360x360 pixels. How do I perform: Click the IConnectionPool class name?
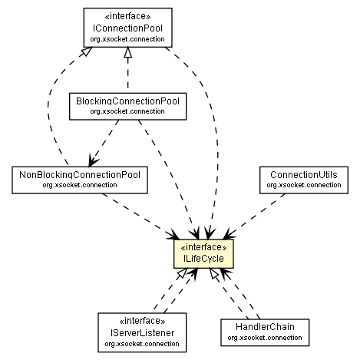[x=127, y=27]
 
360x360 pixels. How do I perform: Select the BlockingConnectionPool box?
[x=127, y=106]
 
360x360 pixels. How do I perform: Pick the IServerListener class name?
[x=137, y=332]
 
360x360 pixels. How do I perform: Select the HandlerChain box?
[x=266, y=331]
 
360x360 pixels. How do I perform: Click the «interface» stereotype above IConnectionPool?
[x=127, y=16]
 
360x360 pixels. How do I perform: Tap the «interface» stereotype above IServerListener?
[x=137, y=322]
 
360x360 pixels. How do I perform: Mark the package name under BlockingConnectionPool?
[x=127, y=112]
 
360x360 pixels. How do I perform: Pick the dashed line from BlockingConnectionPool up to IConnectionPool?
[x=127, y=73]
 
